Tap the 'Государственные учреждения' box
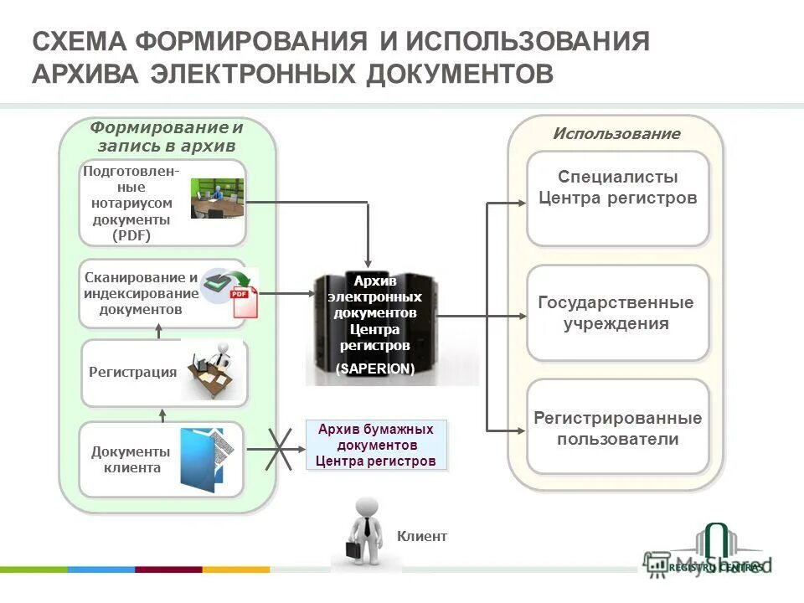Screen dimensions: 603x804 (x=617, y=313)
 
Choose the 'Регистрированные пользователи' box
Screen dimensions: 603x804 (x=617, y=427)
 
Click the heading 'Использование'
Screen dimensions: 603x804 (x=616, y=134)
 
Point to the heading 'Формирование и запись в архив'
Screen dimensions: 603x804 (x=167, y=137)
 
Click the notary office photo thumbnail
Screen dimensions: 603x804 (x=216, y=198)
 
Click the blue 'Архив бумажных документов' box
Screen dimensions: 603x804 (x=376, y=445)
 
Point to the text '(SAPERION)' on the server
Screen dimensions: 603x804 (x=374, y=368)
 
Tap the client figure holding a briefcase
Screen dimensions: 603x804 (x=365, y=533)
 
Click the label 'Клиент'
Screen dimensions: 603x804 (x=421, y=536)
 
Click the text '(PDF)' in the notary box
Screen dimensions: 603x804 (x=131, y=235)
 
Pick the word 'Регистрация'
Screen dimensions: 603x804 (x=132, y=372)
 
